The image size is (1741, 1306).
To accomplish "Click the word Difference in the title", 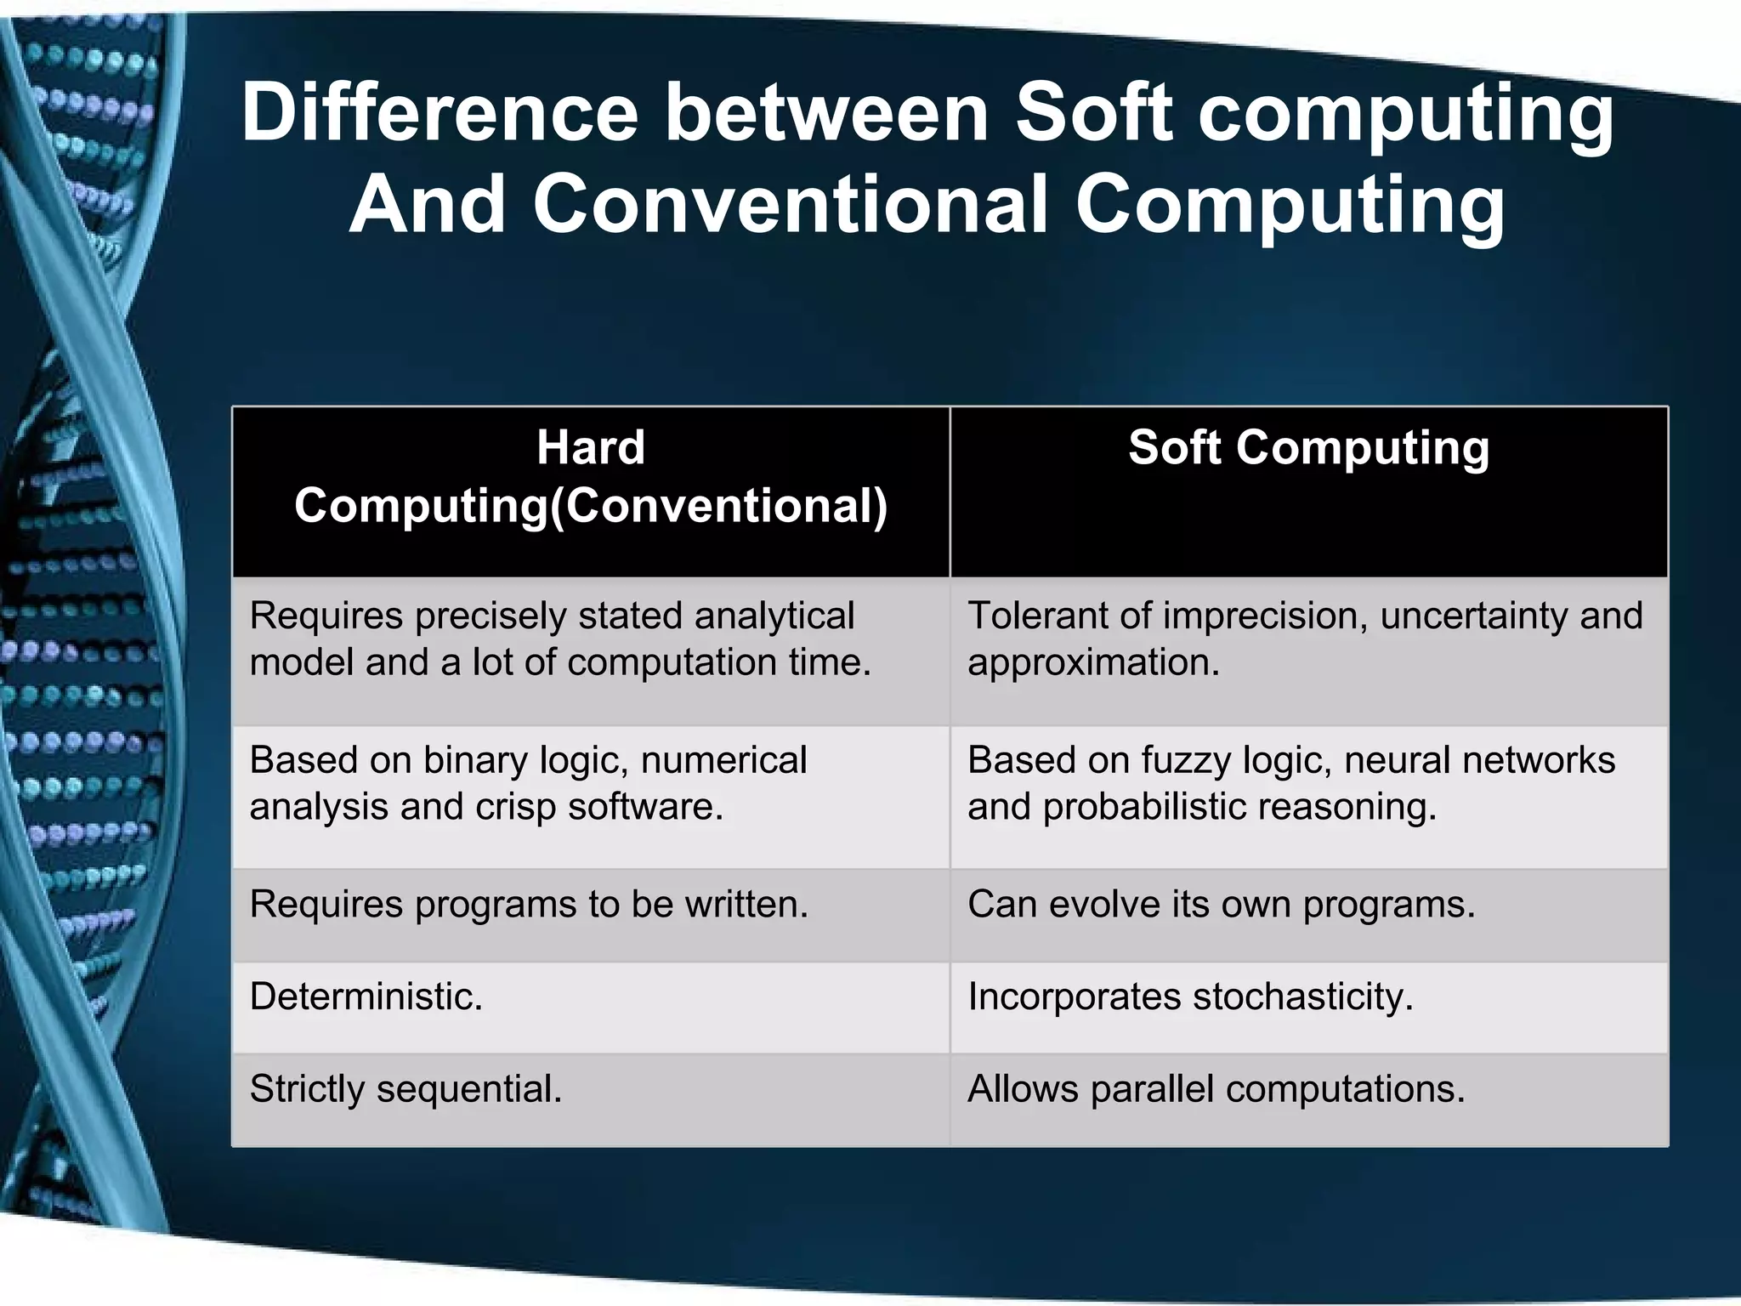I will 440,112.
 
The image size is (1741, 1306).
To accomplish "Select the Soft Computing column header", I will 1308,447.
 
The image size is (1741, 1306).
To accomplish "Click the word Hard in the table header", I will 591,447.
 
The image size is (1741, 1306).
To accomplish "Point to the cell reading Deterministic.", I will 366,997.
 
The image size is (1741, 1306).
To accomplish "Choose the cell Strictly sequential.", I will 406,1089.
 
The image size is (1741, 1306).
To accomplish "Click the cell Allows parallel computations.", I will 1216,1089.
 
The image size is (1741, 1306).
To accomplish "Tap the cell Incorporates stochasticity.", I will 1190,997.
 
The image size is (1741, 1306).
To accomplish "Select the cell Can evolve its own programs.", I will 1221,904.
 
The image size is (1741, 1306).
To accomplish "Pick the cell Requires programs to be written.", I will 529,904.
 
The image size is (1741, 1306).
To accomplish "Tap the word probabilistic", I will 1143,807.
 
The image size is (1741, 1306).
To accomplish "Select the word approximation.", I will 1093,662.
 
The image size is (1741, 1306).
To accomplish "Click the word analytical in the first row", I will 774,616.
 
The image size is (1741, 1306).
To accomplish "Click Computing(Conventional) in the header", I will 591,506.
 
